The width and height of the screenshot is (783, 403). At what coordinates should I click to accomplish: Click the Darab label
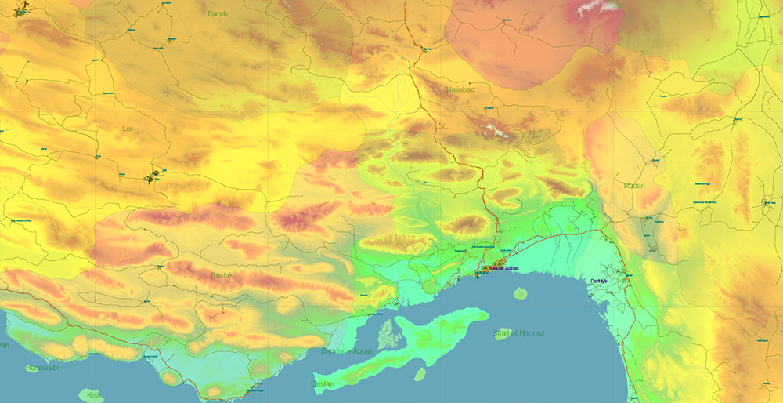click(217, 13)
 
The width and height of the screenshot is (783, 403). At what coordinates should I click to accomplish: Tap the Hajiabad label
click(462, 91)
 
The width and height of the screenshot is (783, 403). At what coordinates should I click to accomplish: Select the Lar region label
click(128, 128)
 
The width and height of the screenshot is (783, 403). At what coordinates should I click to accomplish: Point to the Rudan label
click(634, 186)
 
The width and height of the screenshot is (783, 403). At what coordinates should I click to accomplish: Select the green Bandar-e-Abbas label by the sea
click(347, 350)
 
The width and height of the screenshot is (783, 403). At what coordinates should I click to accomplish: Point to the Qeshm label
click(323, 384)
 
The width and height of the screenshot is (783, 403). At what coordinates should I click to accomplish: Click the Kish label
click(95, 394)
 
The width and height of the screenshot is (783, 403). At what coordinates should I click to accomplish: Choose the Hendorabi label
click(41, 368)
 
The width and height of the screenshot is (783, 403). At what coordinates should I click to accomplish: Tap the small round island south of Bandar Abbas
click(520, 293)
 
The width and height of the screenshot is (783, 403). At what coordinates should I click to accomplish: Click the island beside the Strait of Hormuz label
click(503, 333)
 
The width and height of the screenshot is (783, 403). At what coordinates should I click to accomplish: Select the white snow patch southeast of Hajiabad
click(493, 128)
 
